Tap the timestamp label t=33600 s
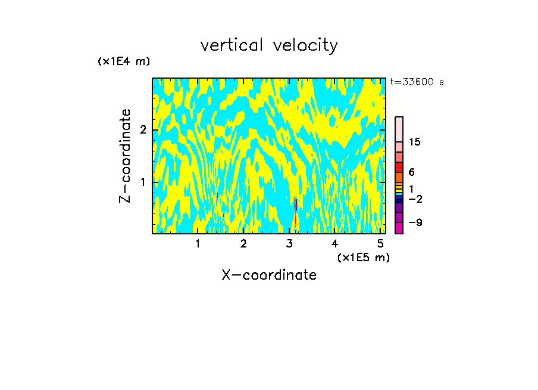[417, 82]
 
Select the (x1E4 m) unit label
[124, 61]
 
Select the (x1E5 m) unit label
[364, 257]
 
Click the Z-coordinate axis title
[125, 156]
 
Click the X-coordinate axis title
[269, 275]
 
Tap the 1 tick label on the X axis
[198, 243]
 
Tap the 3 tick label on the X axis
[289, 243]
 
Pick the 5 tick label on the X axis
[381, 243]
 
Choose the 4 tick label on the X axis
[335, 243]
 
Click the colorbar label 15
[415, 142]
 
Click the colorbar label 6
[411, 172]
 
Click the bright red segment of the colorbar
[399, 167]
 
